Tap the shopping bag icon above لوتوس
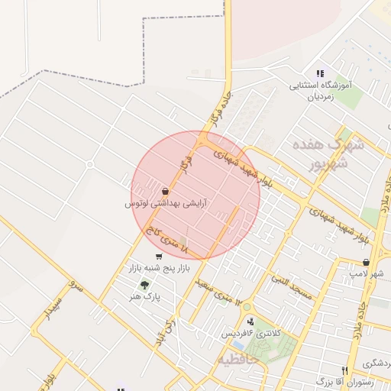[166, 191]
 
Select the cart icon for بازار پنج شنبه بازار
[158, 257]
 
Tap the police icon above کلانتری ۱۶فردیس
[250, 322]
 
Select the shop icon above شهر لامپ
[367, 262]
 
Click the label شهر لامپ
[367, 273]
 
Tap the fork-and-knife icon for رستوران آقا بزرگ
[346, 370]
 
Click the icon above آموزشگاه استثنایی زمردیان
[319, 73]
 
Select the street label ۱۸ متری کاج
[175, 246]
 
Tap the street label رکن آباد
[173, 339]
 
